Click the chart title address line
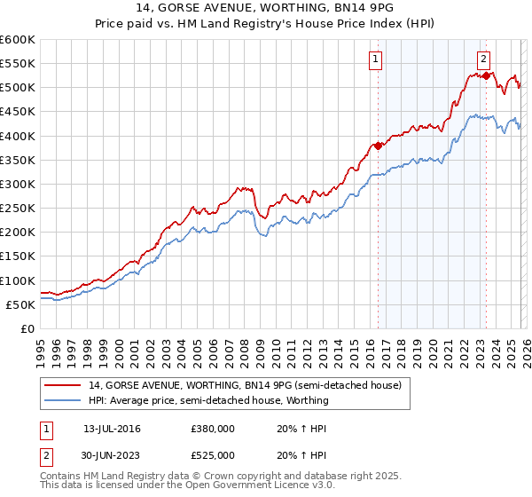pos(266,8)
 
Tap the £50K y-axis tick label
pos(20,304)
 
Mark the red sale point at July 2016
pos(378,146)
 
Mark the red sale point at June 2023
pos(487,75)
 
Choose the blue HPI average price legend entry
pos(208,400)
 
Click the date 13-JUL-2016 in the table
pos(112,429)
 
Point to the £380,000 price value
pos(212,429)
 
